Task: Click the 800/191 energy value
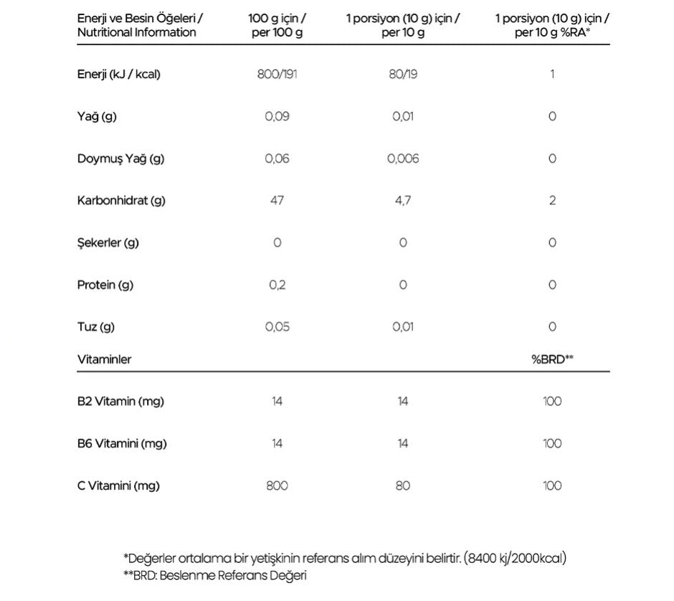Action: [x=277, y=74]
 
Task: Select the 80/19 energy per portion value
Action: [x=402, y=74]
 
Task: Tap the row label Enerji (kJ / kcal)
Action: [x=119, y=74]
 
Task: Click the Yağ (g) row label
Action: [x=97, y=116]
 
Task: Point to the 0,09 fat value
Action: [x=277, y=116]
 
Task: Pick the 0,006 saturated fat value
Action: [x=402, y=158]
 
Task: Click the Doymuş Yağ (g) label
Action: [x=120, y=158]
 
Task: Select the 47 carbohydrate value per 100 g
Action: [x=277, y=200]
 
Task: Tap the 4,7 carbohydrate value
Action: [x=402, y=200]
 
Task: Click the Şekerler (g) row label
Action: [x=108, y=242]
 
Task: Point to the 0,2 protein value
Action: [x=277, y=285]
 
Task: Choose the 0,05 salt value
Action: [x=277, y=327]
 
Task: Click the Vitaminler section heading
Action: [x=104, y=359]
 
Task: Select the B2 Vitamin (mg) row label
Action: [x=120, y=402]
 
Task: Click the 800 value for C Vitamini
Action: [x=277, y=486]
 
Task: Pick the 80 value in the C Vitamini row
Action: [x=402, y=486]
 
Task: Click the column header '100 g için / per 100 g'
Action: [x=277, y=25]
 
